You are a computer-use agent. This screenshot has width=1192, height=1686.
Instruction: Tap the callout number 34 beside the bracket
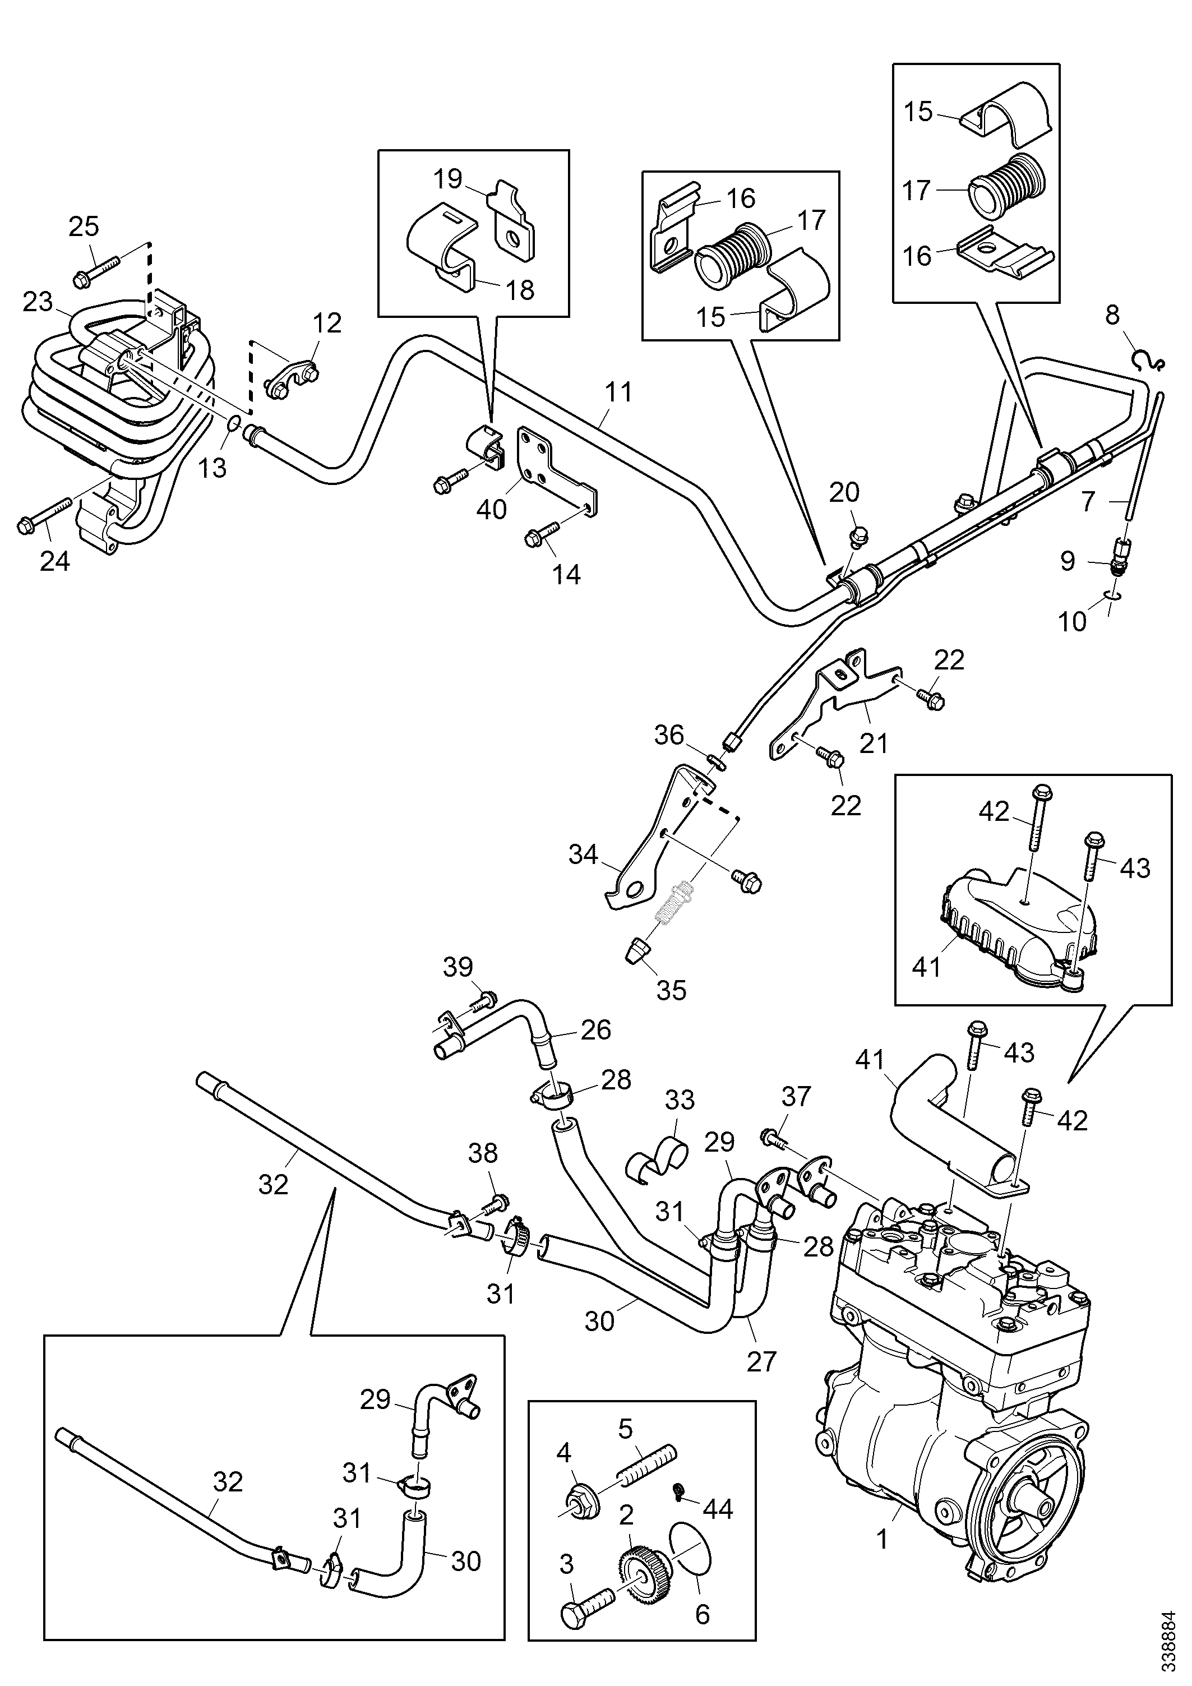coord(583,854)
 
